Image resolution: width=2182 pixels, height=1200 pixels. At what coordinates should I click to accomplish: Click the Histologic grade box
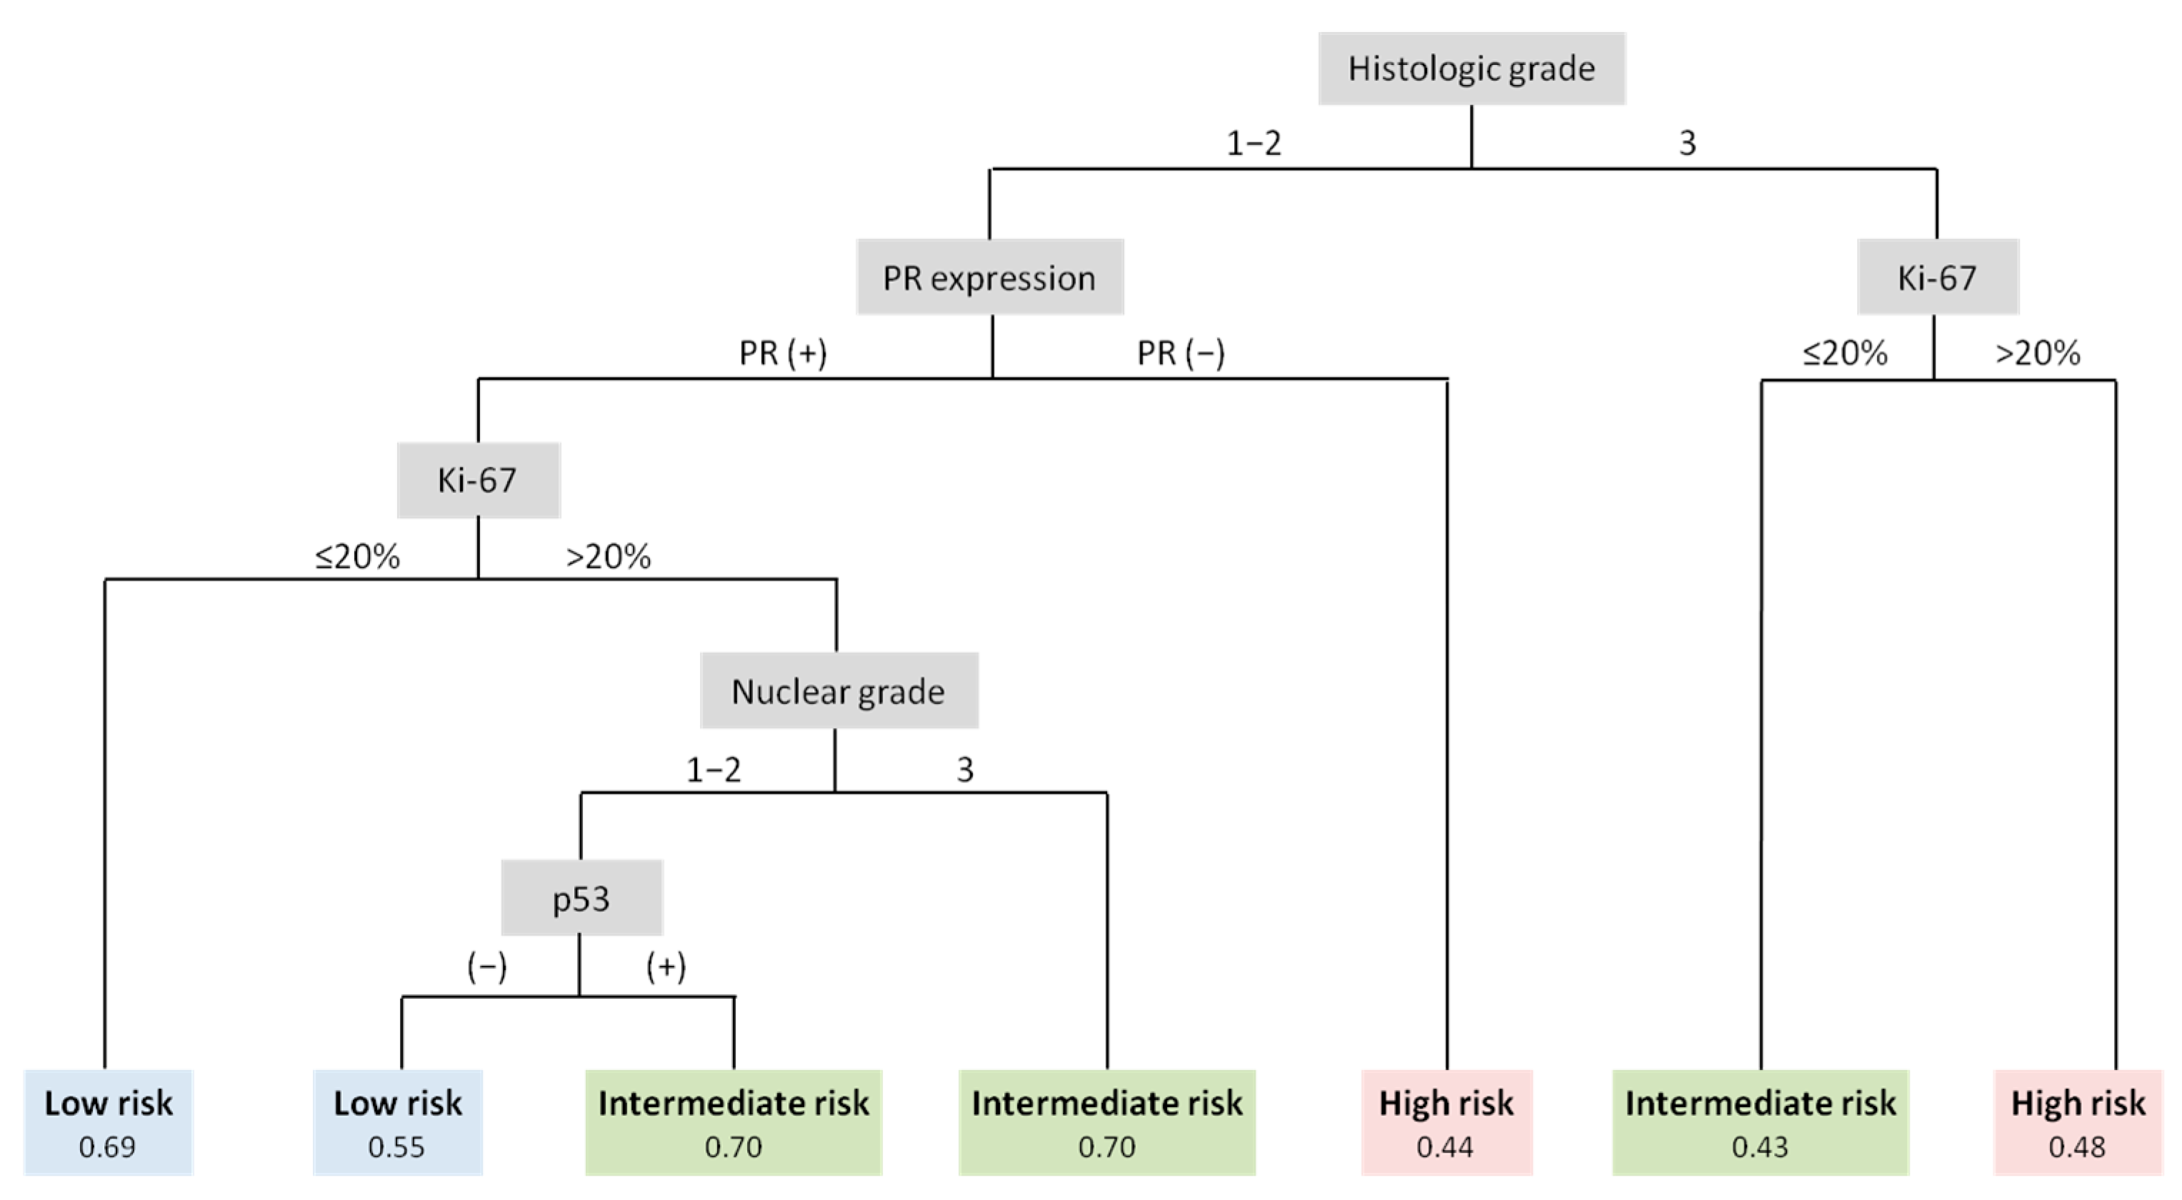(1471, 69)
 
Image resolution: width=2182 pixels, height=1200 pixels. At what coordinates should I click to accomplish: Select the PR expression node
(989, 277)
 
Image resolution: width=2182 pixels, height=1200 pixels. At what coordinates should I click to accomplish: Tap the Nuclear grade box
(839, 690)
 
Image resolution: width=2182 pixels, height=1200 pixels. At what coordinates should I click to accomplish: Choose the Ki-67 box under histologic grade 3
(1937, 277)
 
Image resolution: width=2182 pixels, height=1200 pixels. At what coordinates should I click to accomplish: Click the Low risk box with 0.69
(109, 1121)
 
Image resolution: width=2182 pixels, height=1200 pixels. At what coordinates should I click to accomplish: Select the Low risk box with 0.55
(397, 1121)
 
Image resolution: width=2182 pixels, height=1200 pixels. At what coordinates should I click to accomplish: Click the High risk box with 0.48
(2078, 1121)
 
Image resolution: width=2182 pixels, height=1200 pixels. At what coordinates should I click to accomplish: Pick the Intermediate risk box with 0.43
(1760, 1121)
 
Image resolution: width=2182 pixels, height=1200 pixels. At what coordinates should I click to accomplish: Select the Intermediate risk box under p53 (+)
(734, 1121)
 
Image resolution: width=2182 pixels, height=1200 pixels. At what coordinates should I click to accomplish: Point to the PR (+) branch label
(783, 353)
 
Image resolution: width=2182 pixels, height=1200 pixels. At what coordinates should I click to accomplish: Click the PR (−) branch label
(1181, 353)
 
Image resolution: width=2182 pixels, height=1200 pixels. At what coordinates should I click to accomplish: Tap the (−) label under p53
(487, 967)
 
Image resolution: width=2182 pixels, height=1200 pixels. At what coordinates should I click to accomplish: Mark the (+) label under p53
(666, 967)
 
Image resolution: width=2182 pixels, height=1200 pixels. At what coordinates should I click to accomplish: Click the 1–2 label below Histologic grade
(1253, 142)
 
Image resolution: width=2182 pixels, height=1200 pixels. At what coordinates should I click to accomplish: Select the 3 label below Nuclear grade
(965, 769)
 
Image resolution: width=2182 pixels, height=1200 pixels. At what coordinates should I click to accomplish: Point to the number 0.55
(396, 1146)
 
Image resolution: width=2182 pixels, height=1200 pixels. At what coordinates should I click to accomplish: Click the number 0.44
(1445, 1146)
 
